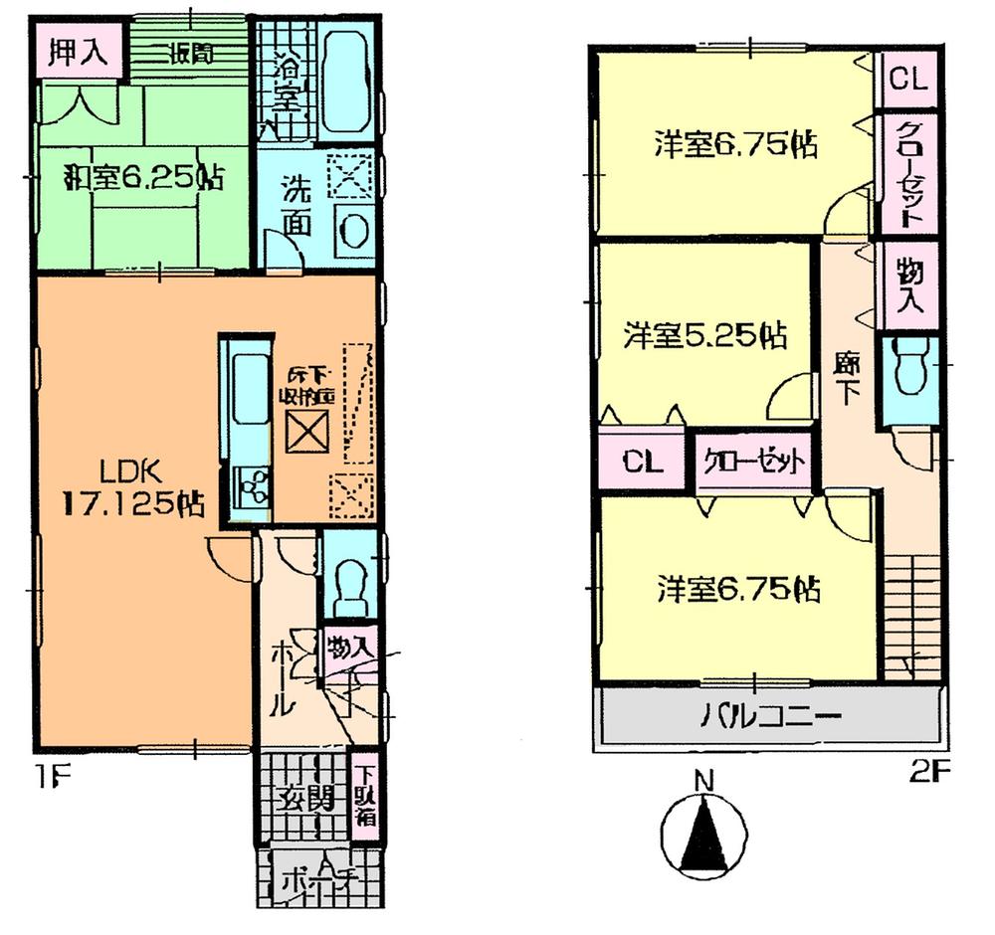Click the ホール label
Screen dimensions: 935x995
(x=282, y=676)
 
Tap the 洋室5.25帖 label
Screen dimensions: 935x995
(x=704, y=335)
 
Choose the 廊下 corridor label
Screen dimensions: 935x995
(x=847, y=378)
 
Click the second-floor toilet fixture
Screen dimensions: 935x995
(x=909, y=367)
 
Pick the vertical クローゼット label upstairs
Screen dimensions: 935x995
(x=907, y=174)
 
